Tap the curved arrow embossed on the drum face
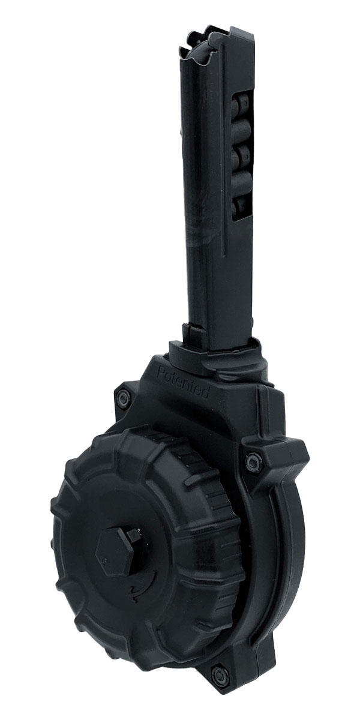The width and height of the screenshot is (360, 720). tap(143, 583)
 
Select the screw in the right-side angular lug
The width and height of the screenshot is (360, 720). tap(253, 462)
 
